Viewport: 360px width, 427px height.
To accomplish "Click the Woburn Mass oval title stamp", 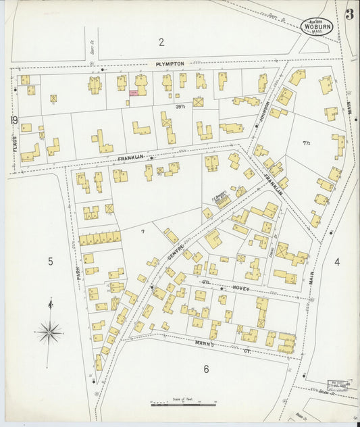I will pyautogui.click(x=317, y=26).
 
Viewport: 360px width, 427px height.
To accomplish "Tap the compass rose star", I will pyautogui.click(x=49, y=332).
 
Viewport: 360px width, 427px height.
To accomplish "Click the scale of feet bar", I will pyautogui.click(x=182, y=405).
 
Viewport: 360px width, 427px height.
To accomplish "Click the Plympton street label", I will pyautogui.click(x=170, y=64).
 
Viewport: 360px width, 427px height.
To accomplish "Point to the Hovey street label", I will pyautogui.click(x=242, y=288).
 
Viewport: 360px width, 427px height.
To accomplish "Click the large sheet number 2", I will pyautogui.click(x=161, y=43).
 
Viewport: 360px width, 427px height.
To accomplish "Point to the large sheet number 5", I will pyautogui.click(x=50, y=261).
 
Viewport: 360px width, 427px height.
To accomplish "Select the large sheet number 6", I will pyautogui.click(x=206, y=369).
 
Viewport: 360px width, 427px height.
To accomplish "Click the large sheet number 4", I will pyautogui.click(x=336, y=261).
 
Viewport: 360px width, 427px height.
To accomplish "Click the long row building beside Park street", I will pyautogui.click(x=100, y=238).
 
